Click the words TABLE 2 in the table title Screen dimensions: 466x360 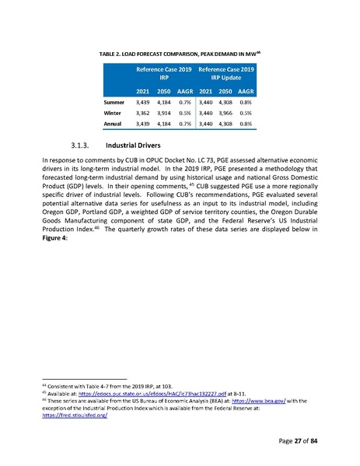(x=113, y=51)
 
